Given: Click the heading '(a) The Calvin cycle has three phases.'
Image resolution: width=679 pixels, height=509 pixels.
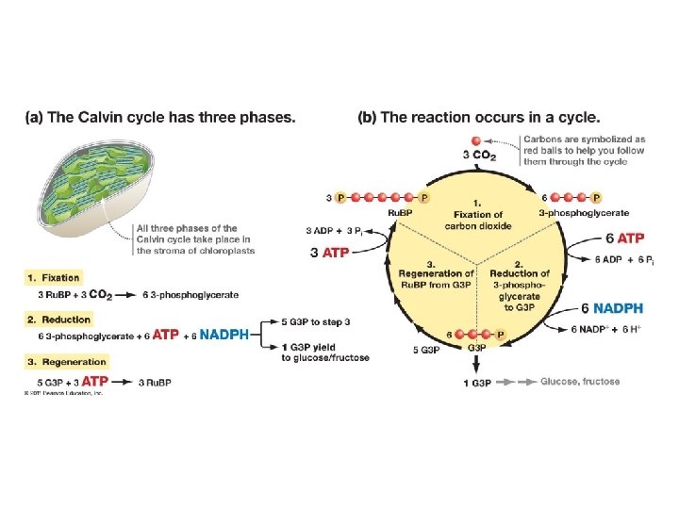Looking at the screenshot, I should tap(160, 118).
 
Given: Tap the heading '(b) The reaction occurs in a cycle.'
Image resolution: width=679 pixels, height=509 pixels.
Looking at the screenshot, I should tap(479, 118).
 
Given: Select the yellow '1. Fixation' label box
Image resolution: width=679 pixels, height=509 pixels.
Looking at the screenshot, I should tap(54, 278).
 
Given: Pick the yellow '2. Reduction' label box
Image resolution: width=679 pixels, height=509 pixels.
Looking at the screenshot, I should tap(58, 320).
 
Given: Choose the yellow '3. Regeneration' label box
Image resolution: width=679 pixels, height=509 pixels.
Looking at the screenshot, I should tap(66, 361).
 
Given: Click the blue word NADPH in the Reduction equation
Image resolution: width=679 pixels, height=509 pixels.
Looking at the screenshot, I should tap(224, 335).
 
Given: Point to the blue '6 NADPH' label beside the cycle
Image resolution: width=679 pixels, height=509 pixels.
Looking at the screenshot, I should tap(612, 308).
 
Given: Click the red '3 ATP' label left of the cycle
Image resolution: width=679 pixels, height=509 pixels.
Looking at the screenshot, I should tap(329, 252).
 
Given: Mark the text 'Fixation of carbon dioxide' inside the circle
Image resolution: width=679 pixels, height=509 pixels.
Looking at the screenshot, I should tap(478, 221).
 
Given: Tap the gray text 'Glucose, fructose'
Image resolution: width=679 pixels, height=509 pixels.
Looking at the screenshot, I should tap(580, 382).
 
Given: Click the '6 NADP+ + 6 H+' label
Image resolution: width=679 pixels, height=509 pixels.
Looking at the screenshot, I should tap(604, 328).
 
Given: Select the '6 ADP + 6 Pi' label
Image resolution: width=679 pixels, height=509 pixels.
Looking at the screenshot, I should tap(625, 259).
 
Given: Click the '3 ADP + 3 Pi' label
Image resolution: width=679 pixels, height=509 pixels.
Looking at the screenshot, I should tap(336, 231).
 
